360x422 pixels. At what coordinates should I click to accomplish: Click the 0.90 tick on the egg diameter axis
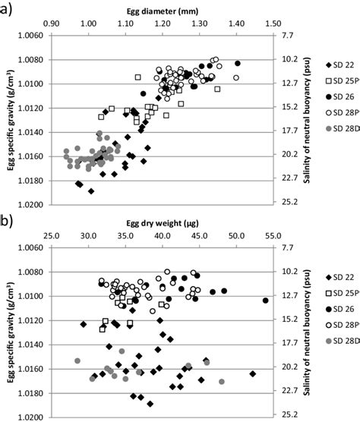pos(52,24)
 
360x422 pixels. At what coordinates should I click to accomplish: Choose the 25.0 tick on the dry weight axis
pos(52,236)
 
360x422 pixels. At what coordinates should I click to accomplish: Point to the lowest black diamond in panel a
pos(91,191)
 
